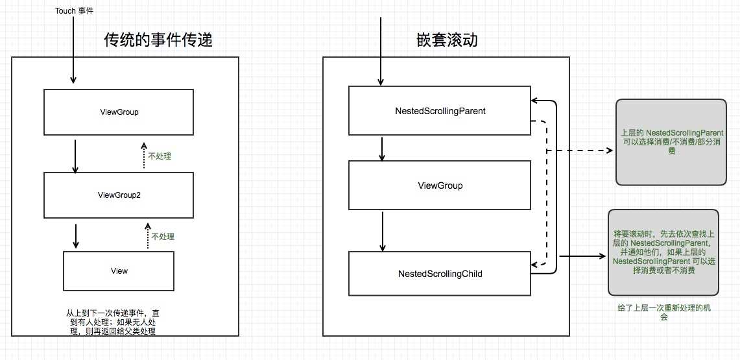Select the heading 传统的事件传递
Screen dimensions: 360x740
pos(159,41)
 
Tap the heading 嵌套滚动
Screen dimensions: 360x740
pos(447,41)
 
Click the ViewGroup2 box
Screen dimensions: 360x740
pos(119,195)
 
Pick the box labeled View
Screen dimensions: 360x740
pos(119,270)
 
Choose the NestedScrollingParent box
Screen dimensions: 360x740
pos(440,111)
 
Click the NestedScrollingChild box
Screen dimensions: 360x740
pos(440,274)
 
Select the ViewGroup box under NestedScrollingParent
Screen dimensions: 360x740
pos(440,186)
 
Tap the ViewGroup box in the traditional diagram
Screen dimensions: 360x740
pos(119,112)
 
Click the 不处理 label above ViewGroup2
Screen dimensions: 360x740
pos(160,156)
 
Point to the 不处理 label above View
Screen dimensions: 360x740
pos(163,237)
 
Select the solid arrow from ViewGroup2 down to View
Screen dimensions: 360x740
pos(76,236)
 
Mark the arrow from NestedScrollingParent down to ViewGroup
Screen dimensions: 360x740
pos(383,148)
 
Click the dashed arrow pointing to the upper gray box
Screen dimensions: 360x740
pos(580,150)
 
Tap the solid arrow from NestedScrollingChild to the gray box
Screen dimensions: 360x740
pos(582,256)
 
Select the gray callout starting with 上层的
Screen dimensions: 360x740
pos(671,141)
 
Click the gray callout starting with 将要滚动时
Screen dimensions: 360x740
pos(663,252)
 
